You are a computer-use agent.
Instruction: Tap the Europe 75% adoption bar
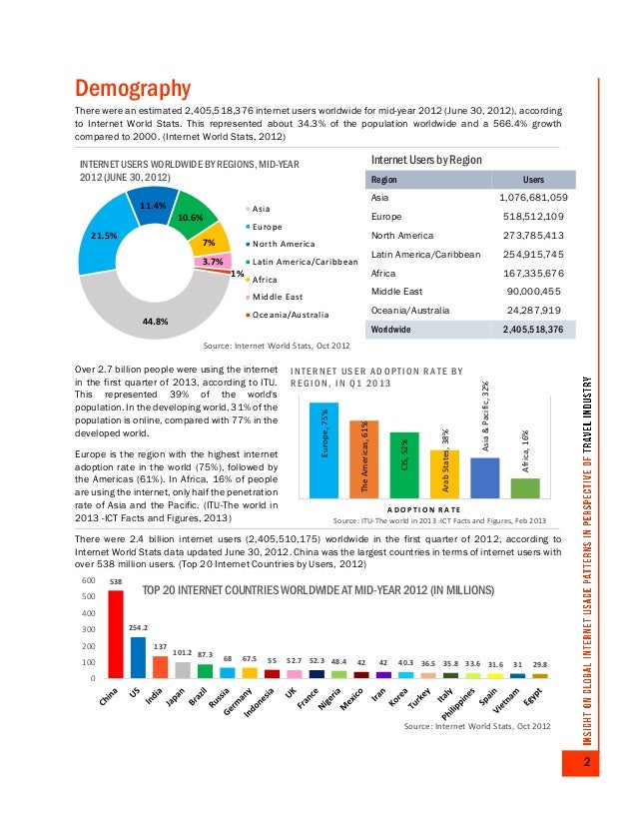(324, 449)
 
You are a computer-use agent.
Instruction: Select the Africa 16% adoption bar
(524, 487)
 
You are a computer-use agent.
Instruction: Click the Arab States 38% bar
(444, 473)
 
